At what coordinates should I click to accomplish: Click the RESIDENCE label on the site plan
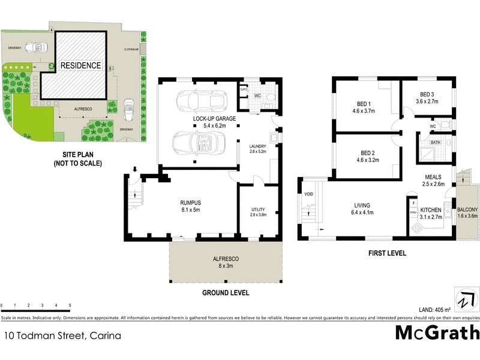(80, 65)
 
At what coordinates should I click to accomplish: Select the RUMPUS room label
(190, 203)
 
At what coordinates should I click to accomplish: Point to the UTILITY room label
(257, 209)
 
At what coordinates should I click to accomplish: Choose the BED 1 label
(364, 103)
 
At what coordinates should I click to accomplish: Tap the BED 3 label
(427, 95)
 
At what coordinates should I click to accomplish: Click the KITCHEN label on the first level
(431, 209)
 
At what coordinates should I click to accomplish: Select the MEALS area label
(433, 177)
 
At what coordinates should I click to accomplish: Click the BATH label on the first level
(435, 142)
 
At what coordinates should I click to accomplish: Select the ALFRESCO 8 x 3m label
(226, 258)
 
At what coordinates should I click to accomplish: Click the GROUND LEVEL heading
(226, 293)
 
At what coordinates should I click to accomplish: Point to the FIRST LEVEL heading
(387, 253)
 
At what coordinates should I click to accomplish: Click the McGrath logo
(437, 332)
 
